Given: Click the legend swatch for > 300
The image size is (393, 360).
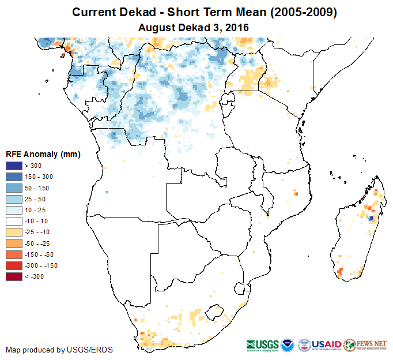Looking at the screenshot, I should [x=14, y=166].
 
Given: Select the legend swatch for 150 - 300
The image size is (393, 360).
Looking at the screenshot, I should [x=14, y=177].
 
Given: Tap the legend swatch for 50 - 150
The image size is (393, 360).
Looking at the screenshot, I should [x=14, y=188].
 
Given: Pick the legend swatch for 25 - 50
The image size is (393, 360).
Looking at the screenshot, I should [x=14, y=199].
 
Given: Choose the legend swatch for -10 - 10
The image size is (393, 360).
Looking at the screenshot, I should [x=14, y=221].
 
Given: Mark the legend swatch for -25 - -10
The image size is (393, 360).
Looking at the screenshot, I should [x=14, y=232].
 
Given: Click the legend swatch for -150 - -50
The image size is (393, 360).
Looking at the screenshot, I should [x=14, y=254].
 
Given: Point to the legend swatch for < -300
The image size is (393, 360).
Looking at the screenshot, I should [x=14, y=276].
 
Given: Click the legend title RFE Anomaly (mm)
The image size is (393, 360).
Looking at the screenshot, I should [x=43, y=155].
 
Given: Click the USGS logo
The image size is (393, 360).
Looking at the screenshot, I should [x=263, y=344].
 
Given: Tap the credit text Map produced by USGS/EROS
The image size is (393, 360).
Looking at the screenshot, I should [x=59, y=350].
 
